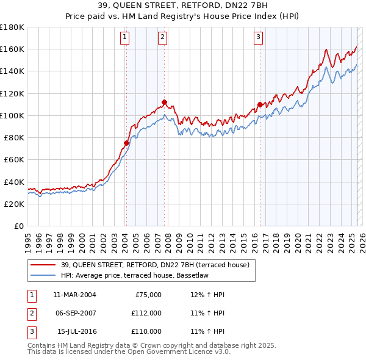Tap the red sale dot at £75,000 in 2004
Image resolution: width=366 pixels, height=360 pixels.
[x=126, y=143]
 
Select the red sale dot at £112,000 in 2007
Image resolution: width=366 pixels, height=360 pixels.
[x=164, y=102]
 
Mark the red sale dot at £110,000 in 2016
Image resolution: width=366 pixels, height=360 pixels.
[x=260, y=104]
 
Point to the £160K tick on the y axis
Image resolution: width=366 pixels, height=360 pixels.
[x=12, y=49]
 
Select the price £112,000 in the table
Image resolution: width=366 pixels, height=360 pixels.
[x=146, y=313]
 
